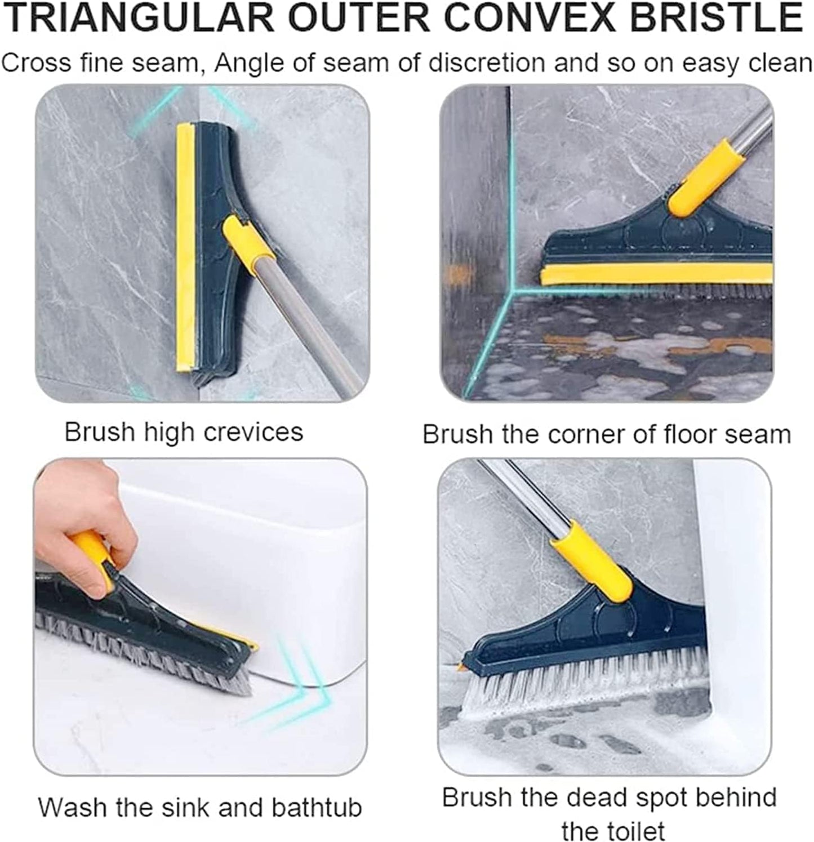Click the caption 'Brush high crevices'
(184, 433)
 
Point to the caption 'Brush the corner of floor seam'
(607, 435)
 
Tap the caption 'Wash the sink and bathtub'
(200, 807)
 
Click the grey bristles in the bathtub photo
(141, 648)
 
